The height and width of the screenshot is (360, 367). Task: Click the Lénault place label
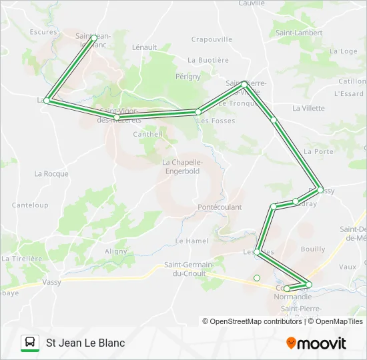(144, 47)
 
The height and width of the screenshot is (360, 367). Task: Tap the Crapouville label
(212, 39)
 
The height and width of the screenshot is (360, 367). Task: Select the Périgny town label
(188, 77)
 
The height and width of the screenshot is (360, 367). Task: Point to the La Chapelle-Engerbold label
(183, 166)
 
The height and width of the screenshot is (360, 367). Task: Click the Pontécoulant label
(220, 207)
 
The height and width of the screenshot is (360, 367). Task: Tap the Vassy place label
(51, 282)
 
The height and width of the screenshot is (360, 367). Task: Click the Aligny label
(115, 251)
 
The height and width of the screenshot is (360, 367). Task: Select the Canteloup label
(30, 205)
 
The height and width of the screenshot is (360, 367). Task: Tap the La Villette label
(308, 108)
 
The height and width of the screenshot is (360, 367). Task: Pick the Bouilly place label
(313, 249)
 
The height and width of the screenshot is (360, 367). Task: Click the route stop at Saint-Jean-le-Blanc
(93, 38)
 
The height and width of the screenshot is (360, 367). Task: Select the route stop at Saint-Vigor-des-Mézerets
(117, 117)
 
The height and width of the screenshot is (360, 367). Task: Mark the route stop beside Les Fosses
(198, 112)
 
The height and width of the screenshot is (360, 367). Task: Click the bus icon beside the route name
(30, 343)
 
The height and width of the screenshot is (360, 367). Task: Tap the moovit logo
(316, 343)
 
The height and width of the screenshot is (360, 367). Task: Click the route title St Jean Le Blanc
(85, 343)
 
